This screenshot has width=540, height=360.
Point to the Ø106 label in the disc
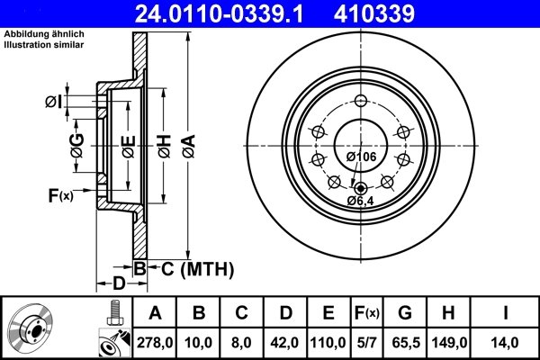pos(361,157)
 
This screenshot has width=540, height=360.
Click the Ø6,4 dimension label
pos(361,200)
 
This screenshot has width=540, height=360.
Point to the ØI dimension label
pos(54,102)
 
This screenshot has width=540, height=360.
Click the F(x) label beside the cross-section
pos(59,194)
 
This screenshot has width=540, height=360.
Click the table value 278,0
pos(155,342)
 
